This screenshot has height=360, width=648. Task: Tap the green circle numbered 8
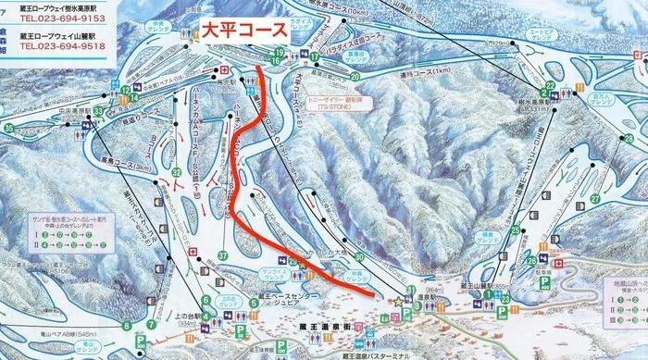click(126, 326)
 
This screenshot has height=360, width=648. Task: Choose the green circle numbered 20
click(355, 77)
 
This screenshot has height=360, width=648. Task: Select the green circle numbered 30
click(357, 258)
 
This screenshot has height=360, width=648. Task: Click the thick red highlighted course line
click(238, 185)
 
